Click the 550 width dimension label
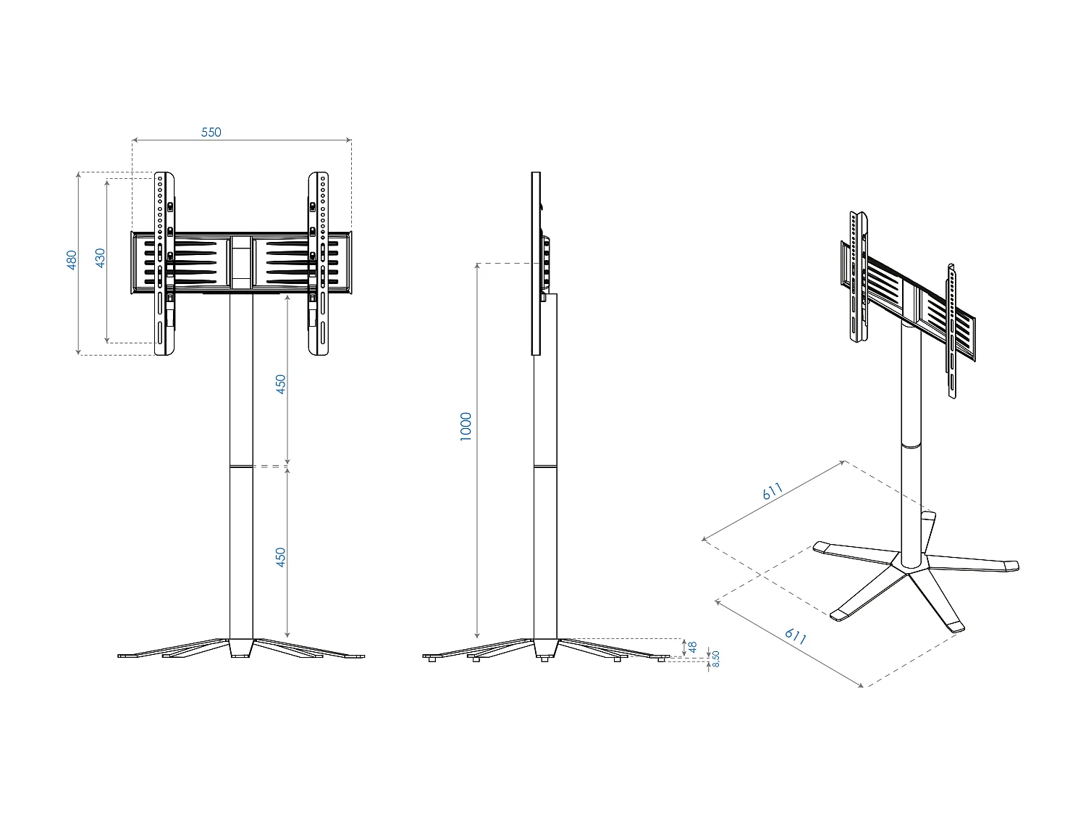coord(211,132)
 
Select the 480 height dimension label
coord(72,260)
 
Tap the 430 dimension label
coord(101,258)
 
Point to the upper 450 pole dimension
coord(281,383)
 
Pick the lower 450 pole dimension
coord(281,556)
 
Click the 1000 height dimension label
coord(466,426)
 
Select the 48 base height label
coord(692,646)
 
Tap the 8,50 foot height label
coord(715,659)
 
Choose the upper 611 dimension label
coord(773,491)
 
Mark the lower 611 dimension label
coord(795,636)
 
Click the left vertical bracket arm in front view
coord(165,263)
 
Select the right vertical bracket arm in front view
coord(319,263)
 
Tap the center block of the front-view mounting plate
coord(241,262)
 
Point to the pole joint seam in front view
coord(241,466)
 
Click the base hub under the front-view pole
coord(241,648)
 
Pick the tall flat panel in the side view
coord(536,263)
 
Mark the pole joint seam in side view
coord(546,466)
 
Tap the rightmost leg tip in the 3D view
coord(1011,566)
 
